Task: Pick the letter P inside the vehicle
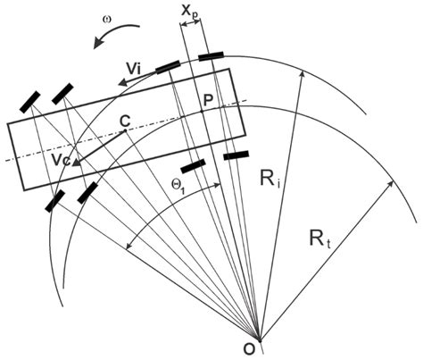[x=209, y=100]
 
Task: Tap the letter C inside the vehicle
[x=126, y=119]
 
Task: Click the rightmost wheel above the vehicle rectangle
[x=211, y=57]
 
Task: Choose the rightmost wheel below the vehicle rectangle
[x=236, y=156]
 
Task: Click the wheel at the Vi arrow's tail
[x=168, y=67]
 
